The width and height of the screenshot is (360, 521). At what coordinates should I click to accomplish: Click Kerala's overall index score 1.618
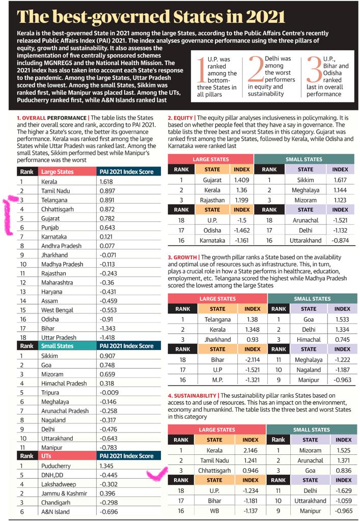tap(109, 181)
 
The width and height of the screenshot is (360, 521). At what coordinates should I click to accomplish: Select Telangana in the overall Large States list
tap(55, 200)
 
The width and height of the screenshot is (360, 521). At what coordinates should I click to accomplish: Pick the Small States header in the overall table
tap(57, 346)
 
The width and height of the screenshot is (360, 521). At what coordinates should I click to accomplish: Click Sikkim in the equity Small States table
tap(305, 179)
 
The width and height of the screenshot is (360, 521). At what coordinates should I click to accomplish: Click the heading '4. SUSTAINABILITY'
tap(192, 395)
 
